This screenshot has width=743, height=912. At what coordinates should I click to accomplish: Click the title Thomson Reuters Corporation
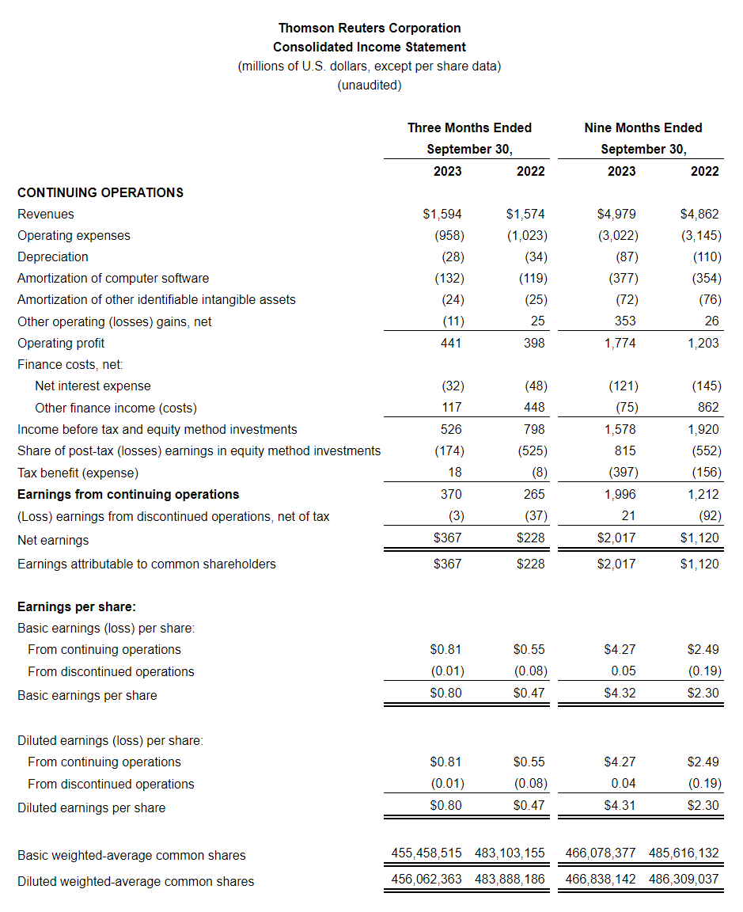(370, 28)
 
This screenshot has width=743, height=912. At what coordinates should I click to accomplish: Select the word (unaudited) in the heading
(370, 85)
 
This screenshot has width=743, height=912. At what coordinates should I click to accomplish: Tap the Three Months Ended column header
(469, 127)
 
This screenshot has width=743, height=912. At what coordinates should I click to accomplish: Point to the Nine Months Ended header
(643, 127)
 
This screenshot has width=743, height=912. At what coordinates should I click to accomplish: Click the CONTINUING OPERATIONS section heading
(100, 192)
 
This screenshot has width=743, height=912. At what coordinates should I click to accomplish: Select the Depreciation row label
(53, 256)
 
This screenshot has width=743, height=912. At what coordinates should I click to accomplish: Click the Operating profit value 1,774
(620, 343)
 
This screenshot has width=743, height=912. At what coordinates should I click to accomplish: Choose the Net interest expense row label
(93, 386)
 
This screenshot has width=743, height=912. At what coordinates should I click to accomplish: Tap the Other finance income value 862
(708, 407)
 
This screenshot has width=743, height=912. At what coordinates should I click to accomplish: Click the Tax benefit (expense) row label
(78, 473)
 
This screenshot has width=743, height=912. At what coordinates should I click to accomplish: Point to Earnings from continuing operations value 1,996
(620, 494)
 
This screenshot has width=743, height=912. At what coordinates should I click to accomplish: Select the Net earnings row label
(53, 540)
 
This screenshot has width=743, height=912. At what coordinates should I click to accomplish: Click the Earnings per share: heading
(77, 607)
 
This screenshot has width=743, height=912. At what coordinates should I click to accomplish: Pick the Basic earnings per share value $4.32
(620, 693)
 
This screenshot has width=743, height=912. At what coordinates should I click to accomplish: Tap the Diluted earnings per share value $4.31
(620, 805)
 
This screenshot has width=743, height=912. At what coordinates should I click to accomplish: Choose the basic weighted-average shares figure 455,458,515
(426, 853)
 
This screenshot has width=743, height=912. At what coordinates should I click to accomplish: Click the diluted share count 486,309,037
(684, 879)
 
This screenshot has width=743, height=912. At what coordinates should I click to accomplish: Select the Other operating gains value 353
(624, 321)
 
